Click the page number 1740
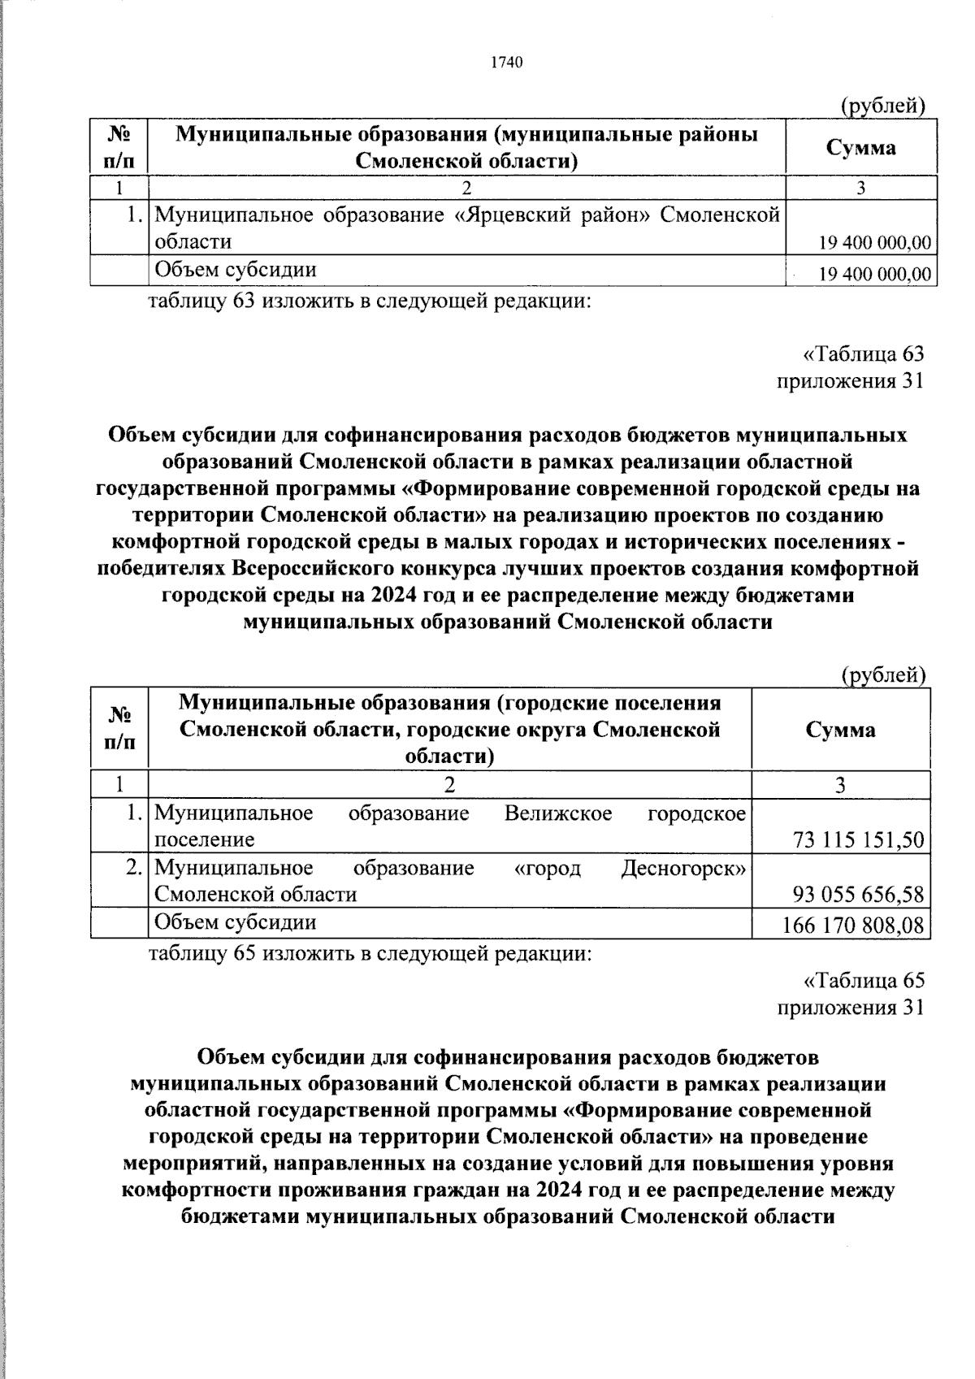coord(505,63)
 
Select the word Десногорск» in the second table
coord(683,868)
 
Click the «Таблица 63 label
coord(863,354)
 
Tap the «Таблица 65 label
coord(863,981)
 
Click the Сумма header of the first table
coord(860,148)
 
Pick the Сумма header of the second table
coord(840,729)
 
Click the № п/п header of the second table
coord(119,729)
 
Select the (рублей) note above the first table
coord(883,106)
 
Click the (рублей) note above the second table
coord(883,674)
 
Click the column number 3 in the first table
coord(860,188)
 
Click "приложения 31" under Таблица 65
coord(850,1008)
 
